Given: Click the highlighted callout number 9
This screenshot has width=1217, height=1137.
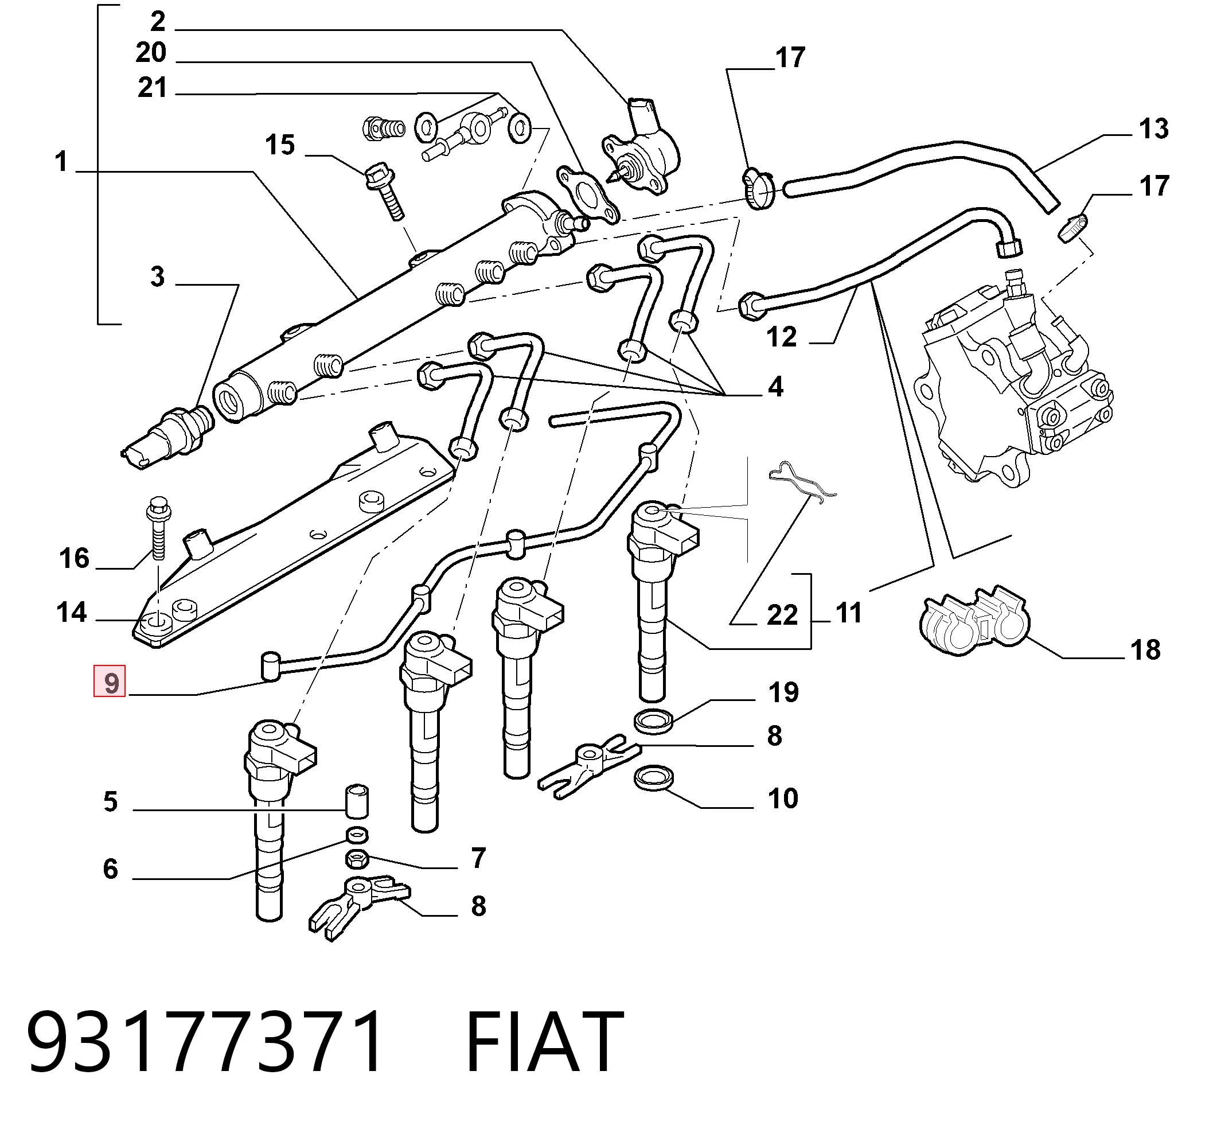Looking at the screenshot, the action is tap(110, 682).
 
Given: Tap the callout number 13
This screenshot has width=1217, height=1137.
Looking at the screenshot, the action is tap(1153, 129).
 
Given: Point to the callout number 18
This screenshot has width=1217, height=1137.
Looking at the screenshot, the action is tap(1145, 649).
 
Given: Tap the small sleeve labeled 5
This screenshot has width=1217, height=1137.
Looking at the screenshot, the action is tap(357, 800).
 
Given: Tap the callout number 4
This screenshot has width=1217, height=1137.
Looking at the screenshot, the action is tap(775, 387).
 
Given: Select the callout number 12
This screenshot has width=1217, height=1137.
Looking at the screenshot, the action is tap(782, 337).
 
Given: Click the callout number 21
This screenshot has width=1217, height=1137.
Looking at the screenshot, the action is tap(152, 88).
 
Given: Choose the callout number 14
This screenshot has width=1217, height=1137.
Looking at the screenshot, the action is tap(72, 612).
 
